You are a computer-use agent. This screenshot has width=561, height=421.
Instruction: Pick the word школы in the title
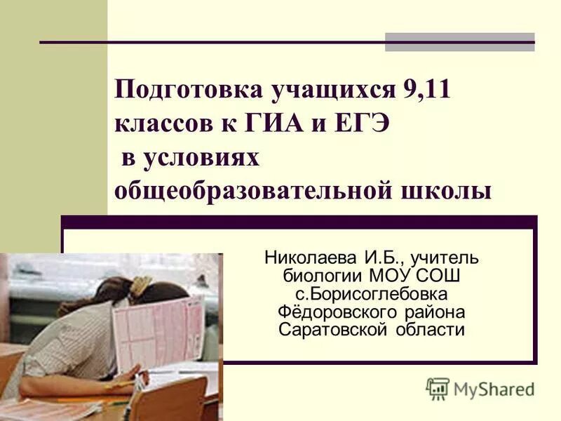pos(455,190)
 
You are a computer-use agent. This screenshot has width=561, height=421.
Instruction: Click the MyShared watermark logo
pos(480,388)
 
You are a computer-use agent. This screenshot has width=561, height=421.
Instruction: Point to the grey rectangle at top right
pos(459,42)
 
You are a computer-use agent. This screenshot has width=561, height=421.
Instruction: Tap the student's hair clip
pos(140,284)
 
